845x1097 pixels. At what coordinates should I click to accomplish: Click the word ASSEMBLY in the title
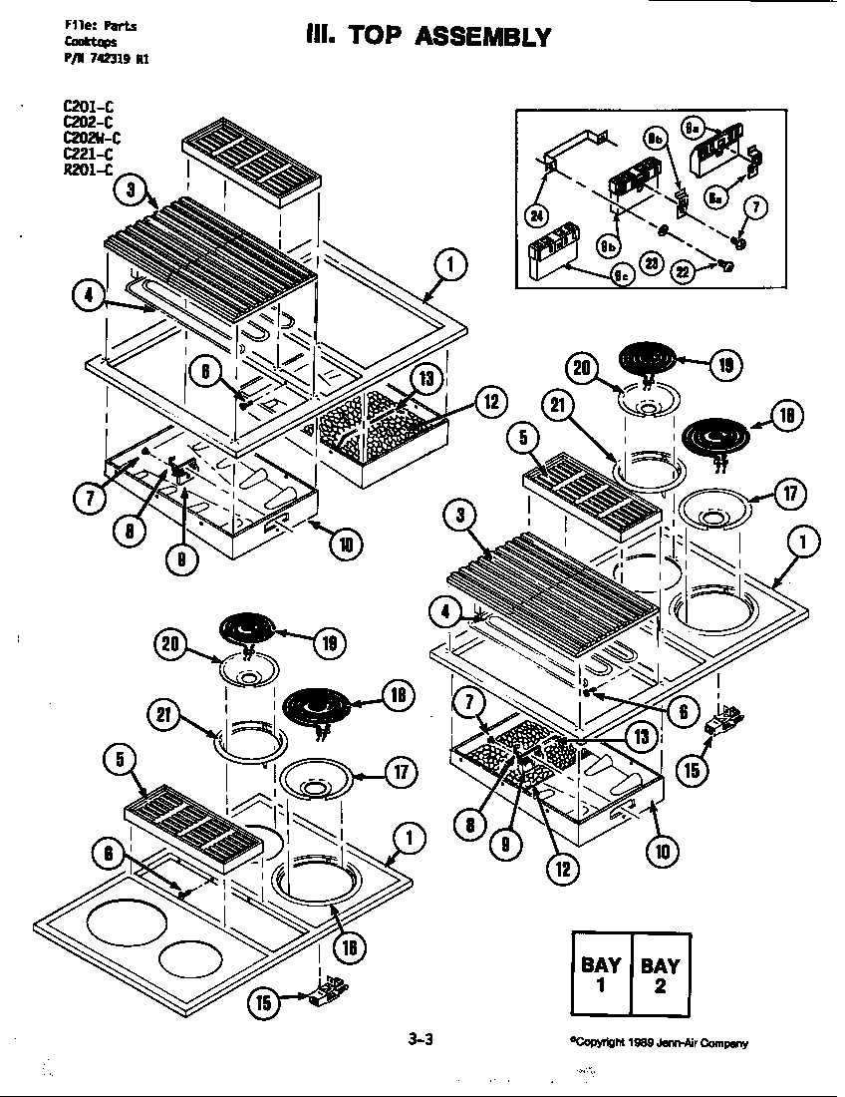[x=482, y=38]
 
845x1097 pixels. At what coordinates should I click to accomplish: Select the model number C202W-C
[x=92, y=139]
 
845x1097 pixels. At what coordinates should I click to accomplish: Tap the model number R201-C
[x=87, y=169]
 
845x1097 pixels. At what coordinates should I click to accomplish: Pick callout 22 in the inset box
[x=683, y=269]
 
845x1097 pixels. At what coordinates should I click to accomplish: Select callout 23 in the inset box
[x=653, y=263]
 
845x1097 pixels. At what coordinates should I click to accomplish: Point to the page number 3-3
[x=421, y=1039]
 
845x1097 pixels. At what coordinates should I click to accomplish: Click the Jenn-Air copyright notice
[x=658, y=1042]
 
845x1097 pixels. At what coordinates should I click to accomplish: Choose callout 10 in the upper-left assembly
[x=345, y=544]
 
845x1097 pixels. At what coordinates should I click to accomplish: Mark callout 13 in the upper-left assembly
[x=424, y=380]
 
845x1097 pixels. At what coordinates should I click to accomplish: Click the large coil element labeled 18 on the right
[x=720, y=435]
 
